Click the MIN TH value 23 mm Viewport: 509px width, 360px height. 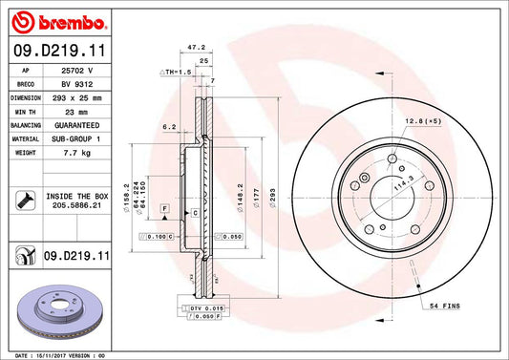pyautogui.click(x=77, y=112)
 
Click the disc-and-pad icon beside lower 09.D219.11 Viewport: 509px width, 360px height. pyautogui.click(x=25, y=256)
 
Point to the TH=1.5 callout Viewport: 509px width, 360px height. pyautogui.click(x=178, y=72)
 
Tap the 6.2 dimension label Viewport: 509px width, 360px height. pyautogui.click(x=169, y=126)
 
